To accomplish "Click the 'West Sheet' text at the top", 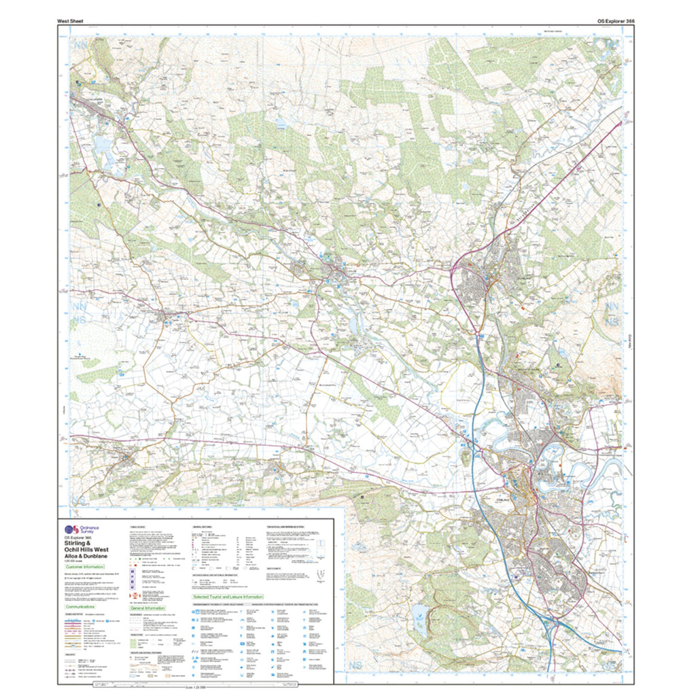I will (x=70, y=21).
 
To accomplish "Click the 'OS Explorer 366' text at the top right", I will (x=615, y=21).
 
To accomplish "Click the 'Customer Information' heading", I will (x=85, y=566).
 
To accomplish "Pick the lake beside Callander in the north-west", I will (x=101, y=144).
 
